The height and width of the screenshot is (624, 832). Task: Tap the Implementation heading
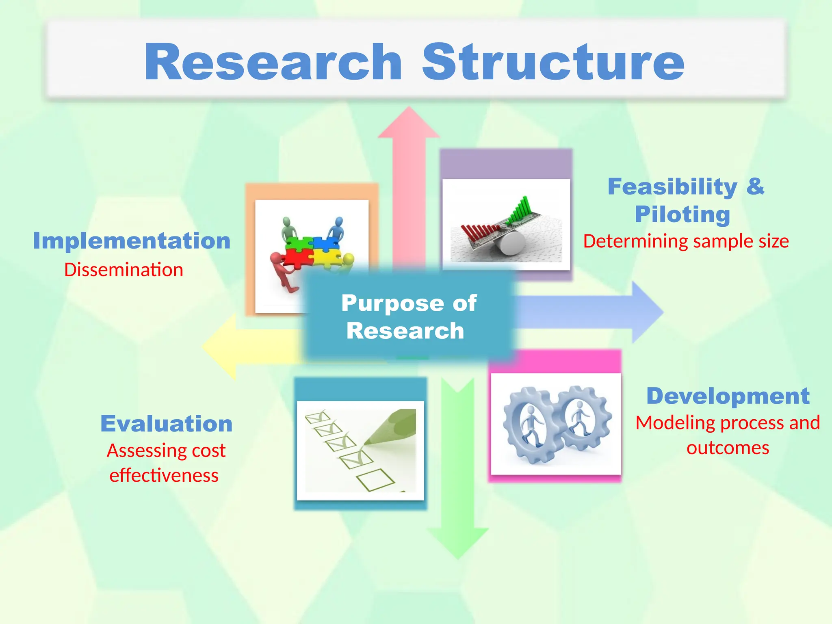132,241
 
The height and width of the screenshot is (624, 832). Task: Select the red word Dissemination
123,270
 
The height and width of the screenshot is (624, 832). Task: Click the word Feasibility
672,187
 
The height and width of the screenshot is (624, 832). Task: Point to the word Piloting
682,214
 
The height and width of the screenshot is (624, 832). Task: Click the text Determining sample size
686,241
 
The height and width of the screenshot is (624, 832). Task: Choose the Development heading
728,396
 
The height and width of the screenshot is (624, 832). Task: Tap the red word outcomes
728,448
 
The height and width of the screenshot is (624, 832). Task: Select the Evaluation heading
167,424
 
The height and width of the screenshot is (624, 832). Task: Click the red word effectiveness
164,476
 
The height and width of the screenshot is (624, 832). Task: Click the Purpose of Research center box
409,316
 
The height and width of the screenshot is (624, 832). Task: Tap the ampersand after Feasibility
755,187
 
